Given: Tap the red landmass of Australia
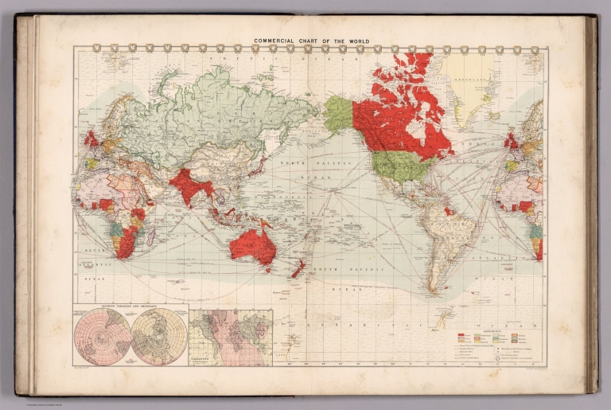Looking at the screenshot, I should pyautogui.click(x=252, y=245).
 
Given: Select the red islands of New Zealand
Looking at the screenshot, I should pyautogui.click(x=298, y=269).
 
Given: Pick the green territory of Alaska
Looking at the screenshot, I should pyautogui.click(x=338, y=114).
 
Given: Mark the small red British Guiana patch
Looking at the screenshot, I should pyautogui.click(x=450, y=211).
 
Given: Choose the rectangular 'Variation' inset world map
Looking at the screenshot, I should pyautogui.click(x=231, y=338).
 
